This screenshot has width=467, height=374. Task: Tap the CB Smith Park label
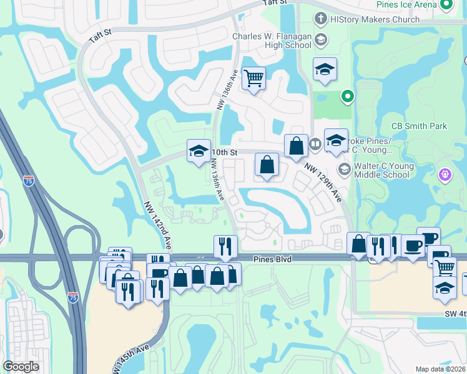[419, 126]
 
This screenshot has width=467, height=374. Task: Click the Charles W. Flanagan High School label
[272, 41]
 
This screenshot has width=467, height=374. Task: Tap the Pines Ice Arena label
[406, 4]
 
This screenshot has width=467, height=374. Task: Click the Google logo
[21, 367]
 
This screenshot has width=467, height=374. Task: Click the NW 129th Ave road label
[323, 181]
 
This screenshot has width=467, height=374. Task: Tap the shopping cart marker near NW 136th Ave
[253, 79]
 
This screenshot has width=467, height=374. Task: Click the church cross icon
[321, 19]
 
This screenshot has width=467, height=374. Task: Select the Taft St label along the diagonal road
[99, 37]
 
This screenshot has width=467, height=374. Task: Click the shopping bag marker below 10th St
[267, 165]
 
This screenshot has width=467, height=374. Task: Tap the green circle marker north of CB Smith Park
[348, 97]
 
